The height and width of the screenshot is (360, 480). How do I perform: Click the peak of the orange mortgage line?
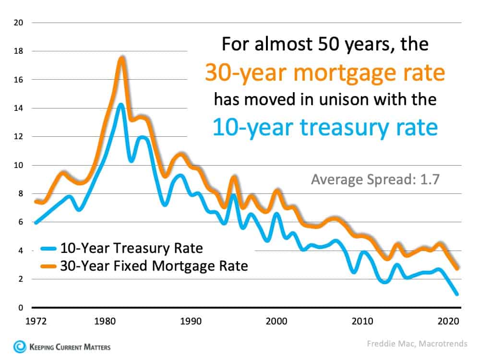tap(121, 59)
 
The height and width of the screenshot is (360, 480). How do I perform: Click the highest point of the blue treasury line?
tap(121, 105)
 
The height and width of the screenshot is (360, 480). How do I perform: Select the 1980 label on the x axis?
tap(105, 320)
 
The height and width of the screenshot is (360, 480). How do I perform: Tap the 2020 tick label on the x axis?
tap(448, 320)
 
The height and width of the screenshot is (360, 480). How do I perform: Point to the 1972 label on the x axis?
tap(36, 320)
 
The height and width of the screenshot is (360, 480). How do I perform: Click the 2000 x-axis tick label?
tap(276, 320)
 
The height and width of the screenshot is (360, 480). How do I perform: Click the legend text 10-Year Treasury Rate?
tap(132, 249)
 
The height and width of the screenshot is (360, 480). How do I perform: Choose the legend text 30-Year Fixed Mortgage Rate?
tap(154, 265)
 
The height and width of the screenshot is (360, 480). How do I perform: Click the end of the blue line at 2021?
tap(456, 294)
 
